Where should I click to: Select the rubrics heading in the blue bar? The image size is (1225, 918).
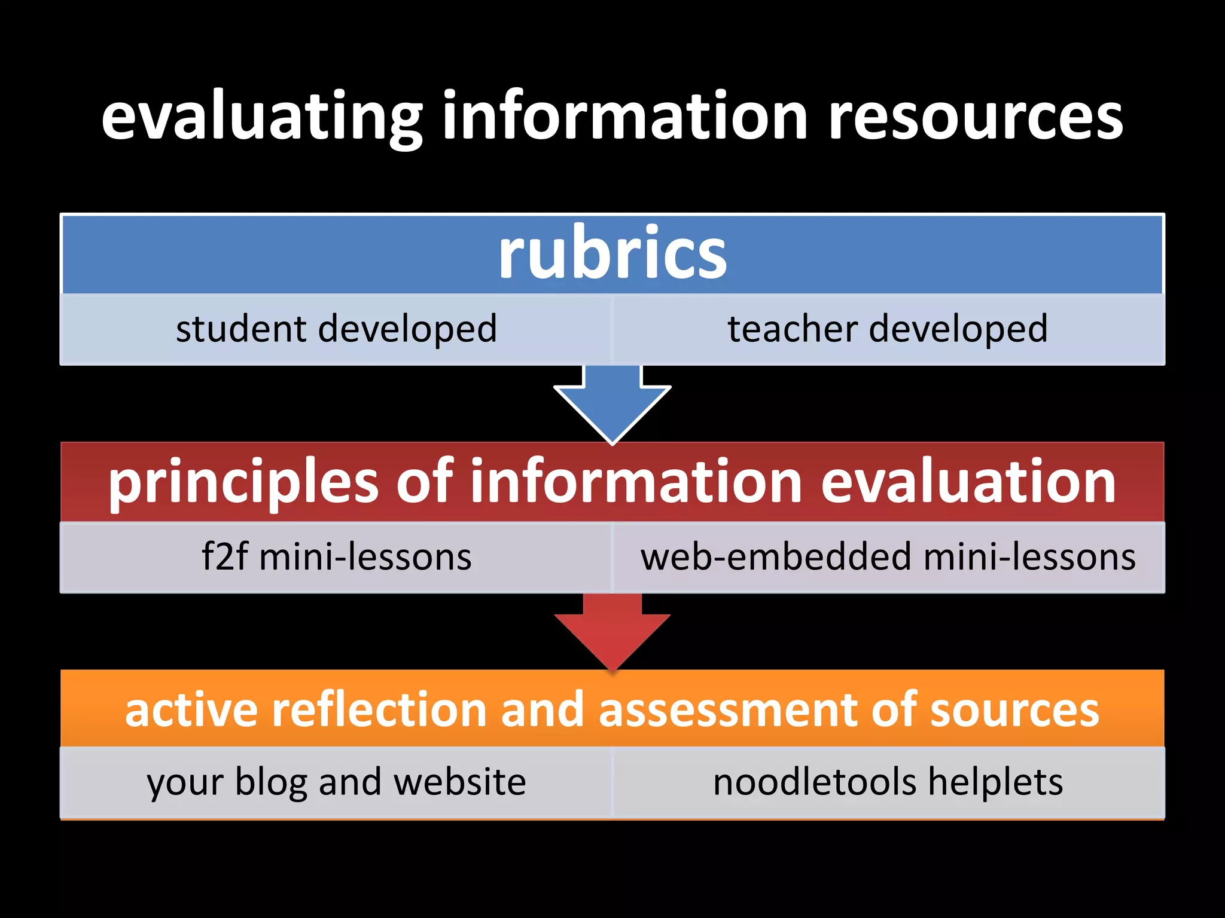(612, 254)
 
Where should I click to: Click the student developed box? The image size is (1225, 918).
(336, 329)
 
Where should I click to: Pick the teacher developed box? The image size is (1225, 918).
(888, 329)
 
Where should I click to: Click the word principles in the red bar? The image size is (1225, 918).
(243, 483)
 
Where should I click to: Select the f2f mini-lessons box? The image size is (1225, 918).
(336, 557)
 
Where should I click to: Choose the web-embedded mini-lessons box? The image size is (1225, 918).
(888, 557)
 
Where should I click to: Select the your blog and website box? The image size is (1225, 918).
(336, 782)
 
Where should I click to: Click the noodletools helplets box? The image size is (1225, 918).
(888, 782)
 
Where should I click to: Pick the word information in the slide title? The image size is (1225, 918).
(625, 117)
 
